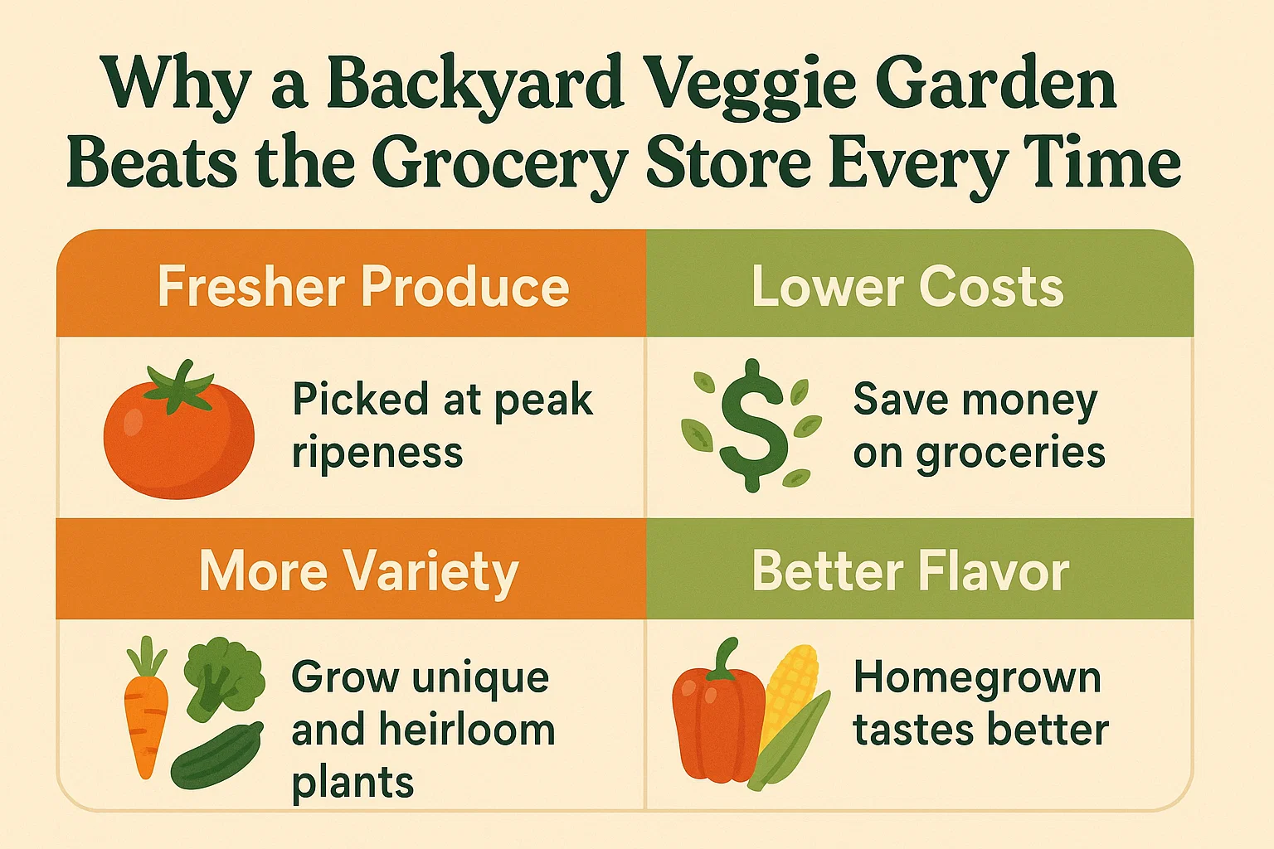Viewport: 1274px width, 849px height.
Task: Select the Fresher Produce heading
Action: click(363, 287)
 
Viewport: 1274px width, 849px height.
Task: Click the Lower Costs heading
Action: click(907, 287)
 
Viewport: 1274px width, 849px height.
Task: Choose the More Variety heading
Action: click(358, 572)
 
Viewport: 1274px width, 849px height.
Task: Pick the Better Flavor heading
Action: click(910, 572)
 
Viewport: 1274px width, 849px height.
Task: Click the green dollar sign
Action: click(752, 424)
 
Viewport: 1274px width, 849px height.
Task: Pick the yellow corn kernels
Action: click(790, 688)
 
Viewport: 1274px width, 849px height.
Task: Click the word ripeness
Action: click(377, 454)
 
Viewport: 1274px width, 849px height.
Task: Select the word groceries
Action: click(1009, 454)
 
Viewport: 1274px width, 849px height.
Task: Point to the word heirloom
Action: click(466, 730)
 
